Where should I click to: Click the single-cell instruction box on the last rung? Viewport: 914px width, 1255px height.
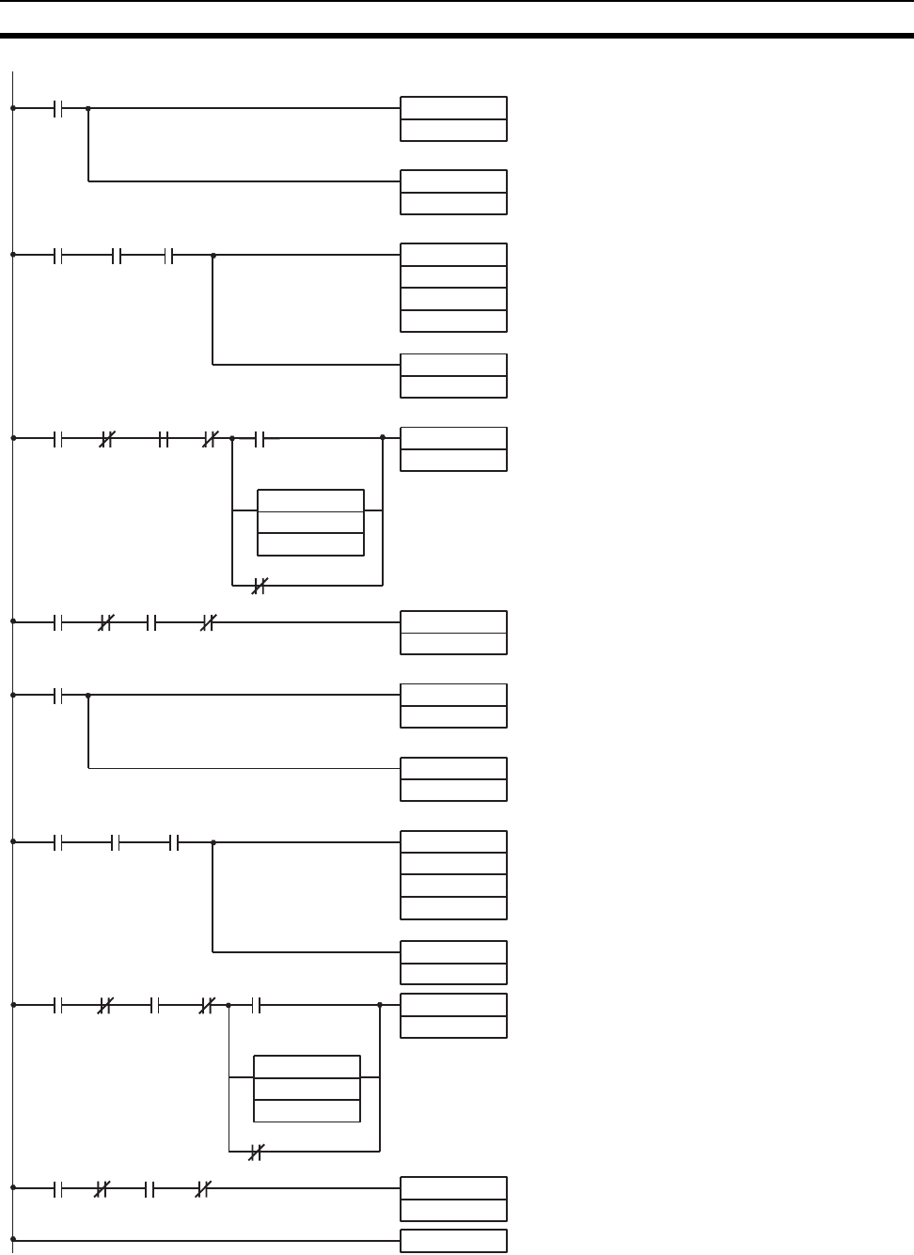(x=453, y=1241)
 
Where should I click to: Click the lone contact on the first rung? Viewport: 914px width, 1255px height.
(x=58, y=108)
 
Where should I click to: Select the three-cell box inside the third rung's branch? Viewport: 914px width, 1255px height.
(x=310, y=522)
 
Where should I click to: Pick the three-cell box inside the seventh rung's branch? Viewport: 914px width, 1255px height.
(x=307, y=1088)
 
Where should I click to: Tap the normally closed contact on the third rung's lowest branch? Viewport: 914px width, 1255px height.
(x=260, y=586)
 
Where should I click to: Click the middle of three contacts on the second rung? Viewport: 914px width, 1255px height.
(x=117, y=255)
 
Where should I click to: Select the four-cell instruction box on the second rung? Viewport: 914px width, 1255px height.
(x=453, y=288)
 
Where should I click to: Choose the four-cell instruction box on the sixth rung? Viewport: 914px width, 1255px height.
(x=453, y=874)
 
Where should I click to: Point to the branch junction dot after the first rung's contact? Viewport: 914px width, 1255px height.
(x=88, y=108)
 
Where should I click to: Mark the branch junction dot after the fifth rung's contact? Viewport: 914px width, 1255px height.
(x=88, y=696)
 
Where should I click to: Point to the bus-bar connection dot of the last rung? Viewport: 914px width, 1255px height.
(x=13, y=1240)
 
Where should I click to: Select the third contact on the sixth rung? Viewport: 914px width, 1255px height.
(x=174, y=843)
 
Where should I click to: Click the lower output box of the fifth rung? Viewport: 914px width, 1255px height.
(x=453, y=778)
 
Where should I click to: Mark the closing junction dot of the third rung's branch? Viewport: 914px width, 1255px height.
(x=383, y=437)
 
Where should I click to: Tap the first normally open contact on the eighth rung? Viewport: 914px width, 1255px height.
(x=58, y=1188)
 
